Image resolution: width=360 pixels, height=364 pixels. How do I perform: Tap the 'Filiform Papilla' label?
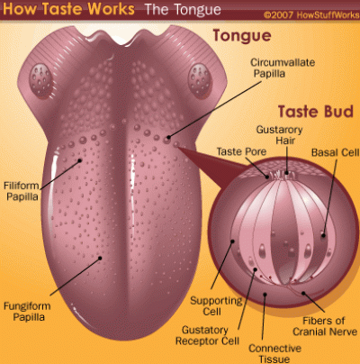click(22, 191)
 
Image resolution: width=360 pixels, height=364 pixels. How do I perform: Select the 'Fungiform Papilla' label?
click(27, 312)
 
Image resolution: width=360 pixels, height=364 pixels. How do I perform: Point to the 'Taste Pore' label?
click(241, 151)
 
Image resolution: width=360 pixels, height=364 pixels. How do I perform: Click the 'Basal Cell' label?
click(335, 152)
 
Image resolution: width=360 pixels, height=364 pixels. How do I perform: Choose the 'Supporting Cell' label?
click(216, 305)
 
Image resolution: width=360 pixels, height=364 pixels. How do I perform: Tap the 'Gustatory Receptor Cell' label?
click(207, 335)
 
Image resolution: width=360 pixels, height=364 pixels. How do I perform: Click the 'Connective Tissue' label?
click(274, 353)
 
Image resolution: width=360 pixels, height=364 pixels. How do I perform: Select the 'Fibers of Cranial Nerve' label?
click(325, 326)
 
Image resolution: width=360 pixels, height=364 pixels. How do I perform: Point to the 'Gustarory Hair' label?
click(279, 135)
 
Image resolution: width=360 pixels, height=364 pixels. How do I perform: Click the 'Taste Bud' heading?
click(316, 112)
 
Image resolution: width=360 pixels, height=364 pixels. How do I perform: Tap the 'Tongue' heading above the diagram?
click(242, 35)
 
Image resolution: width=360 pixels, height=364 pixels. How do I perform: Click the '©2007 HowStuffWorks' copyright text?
click(311, 15)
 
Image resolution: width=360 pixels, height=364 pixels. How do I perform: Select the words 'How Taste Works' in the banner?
click(68, 9)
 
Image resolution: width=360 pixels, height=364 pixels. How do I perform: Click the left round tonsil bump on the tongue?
click(40, 79)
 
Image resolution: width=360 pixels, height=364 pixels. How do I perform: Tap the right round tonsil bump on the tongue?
click(200, 79)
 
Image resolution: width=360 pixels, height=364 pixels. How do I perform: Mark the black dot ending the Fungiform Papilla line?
click(100, 258)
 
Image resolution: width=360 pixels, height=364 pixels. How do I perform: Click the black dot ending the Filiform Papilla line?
click(79, 160)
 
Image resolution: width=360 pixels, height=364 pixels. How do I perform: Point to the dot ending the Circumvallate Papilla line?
click(169, 138)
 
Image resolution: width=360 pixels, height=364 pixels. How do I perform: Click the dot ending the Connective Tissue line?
click(265, 295)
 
